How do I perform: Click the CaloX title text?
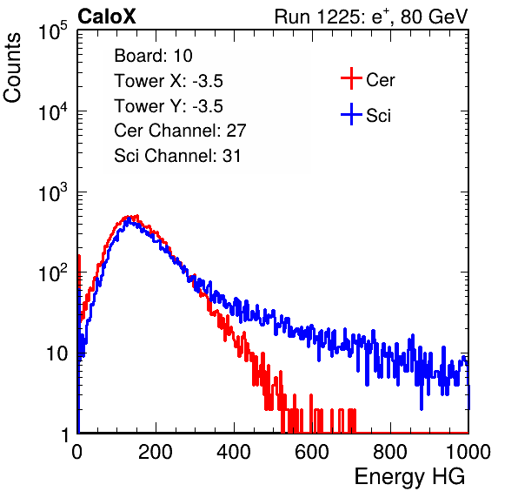click(107, 17)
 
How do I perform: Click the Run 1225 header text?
click(371, 17)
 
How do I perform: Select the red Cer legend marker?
click(351, 78)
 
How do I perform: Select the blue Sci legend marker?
click(351, 114)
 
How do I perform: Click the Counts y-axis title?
click(12, 68)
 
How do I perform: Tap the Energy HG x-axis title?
click(409, 477)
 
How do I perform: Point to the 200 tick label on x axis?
click(156, 452)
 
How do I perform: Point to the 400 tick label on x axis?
click(234, 452)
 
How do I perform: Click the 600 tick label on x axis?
click(312, 452)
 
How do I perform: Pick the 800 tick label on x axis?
click(390, 452)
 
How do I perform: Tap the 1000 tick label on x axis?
click(468, 452)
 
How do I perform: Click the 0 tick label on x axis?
click(77, 452)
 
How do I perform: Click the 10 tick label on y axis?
click(57, 353)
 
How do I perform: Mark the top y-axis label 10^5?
click(53, 30)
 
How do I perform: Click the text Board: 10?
click(153, 56)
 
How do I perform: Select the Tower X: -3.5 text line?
click(169, 81)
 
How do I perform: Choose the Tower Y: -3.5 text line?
click(169, 106)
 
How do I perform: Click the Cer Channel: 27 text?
click(180, 131)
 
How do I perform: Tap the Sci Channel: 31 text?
click(177, 156)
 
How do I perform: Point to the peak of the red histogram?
click(136, 215)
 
